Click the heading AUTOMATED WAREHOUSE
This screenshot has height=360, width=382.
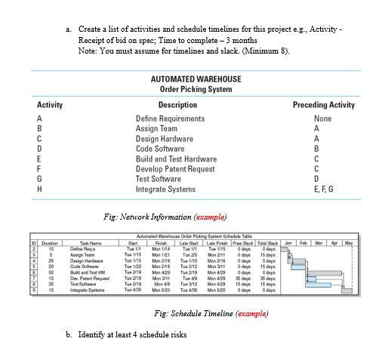click(196, 78)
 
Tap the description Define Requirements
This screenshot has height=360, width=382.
click(170, 118)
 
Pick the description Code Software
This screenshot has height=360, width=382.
click(160, 149)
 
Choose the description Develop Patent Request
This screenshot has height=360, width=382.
click(175, 169)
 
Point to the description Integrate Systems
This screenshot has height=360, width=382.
click(165, 189)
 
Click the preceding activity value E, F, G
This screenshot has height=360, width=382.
click(323, 189)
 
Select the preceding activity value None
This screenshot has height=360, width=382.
click(323, 118)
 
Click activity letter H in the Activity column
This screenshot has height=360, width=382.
click(39, 189)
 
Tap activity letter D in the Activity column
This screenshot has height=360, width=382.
click(39, 149)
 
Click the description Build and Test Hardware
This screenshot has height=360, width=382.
click(176, 159)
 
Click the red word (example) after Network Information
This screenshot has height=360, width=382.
click(211, 217)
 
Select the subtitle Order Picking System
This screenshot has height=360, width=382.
click(196, 90)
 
